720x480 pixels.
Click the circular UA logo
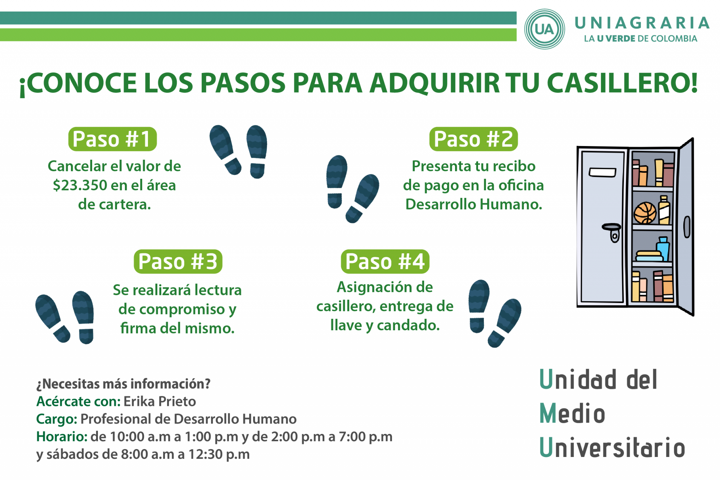tap(544, 29)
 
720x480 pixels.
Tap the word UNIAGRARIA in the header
tap(642, 23)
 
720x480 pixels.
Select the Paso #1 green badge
tap(112, 139)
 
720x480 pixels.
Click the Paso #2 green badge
tap(473, 139)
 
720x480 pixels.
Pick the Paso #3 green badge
tap(178, 261)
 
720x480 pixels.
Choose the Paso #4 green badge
tap(385, 261)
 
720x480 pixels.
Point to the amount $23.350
tap(80, 185)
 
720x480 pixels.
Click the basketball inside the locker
tap(645, 213)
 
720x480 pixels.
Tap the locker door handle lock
tap(612, 232)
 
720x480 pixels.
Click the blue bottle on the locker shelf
tap(663, 249)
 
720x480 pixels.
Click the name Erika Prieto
tap(159, 401)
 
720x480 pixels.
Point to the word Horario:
tap(62, 436)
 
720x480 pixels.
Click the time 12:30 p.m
tap(219, 454)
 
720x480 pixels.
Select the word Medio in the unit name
tap(572, 413)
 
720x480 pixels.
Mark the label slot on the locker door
tap(602, 172)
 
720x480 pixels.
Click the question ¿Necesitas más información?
tap(123, 384)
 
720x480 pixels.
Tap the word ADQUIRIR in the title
tap(435, 83)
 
